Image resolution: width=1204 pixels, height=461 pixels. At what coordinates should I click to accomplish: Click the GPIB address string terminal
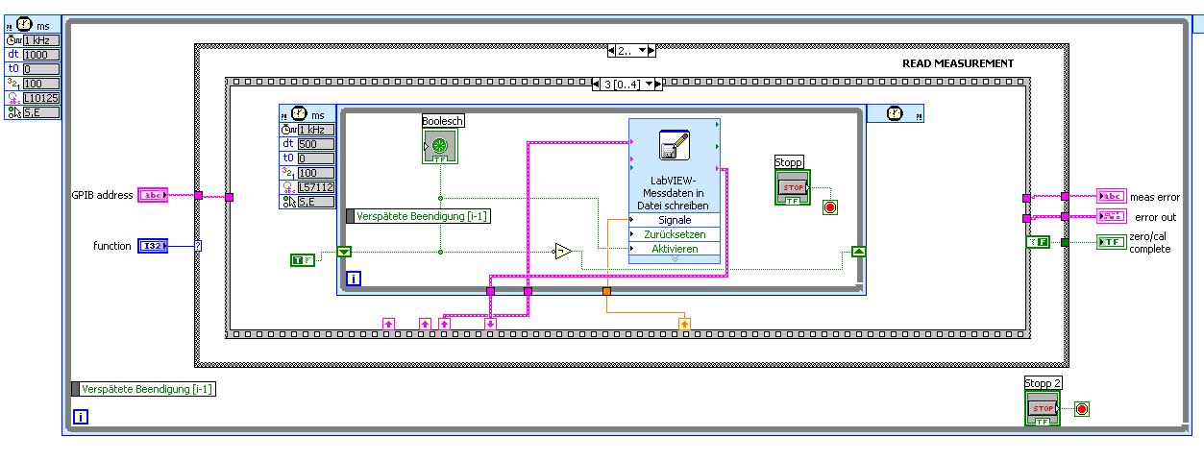[153, 196]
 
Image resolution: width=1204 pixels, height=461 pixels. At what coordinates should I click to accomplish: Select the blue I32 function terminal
[153, 246]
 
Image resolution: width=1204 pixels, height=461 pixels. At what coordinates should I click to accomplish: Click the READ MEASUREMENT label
[957, 63]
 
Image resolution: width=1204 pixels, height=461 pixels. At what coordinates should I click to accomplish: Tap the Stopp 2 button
[1043, 409]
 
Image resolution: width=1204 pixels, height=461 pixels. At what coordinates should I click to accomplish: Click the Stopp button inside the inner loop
[793, 186]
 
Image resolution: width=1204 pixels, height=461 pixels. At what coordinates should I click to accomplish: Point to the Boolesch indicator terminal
[439, 146]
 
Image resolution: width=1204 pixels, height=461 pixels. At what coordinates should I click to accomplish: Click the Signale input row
[674, 220]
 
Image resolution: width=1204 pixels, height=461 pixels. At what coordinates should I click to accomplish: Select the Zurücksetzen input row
[674, 234]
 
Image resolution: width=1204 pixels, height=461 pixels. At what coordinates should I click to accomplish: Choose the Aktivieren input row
[674, 249]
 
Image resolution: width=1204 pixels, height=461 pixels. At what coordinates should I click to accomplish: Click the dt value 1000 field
[41, 55]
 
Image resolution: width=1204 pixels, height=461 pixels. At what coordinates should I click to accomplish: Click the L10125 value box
[41, 98]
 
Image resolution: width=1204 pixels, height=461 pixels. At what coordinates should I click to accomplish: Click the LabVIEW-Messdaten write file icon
[674, 146]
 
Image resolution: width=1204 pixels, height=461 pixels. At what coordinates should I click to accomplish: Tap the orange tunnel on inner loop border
[606, 290]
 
